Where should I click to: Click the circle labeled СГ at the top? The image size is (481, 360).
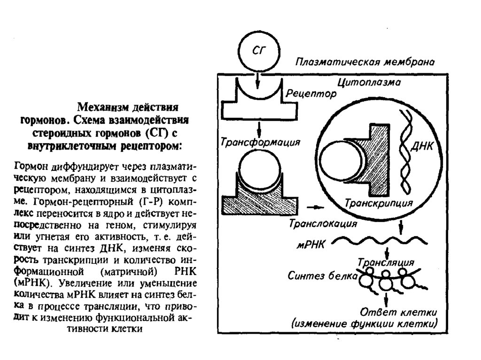(x=258, y=52)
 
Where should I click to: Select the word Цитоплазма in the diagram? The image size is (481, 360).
(x=369, y=84)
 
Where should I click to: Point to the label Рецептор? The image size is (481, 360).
(x=309, y=95)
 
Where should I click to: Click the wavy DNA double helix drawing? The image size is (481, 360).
(x=404, y=150)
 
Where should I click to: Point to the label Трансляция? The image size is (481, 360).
(x=386, y=261)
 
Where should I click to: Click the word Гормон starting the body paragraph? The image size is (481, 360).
(x=30, y=166)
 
